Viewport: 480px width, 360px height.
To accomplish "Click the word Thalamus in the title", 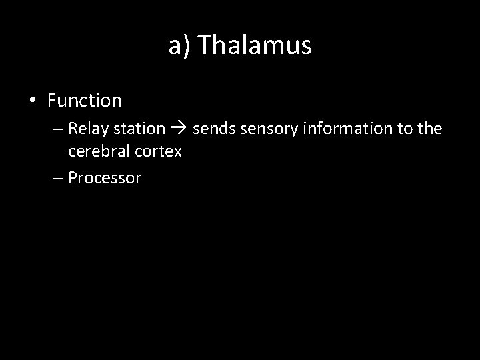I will [255, 45].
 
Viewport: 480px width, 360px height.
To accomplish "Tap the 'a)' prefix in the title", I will [179, 45].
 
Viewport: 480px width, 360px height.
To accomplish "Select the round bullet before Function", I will [33, 101].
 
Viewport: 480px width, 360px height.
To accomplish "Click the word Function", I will [85, 101].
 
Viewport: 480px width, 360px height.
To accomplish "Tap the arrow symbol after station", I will [179, 129].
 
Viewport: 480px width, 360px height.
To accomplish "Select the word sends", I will [213, 128].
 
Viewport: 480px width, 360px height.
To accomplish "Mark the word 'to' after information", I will [405, 128].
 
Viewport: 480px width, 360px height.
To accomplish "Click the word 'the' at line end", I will [430, 128].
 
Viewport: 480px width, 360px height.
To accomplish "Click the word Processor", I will [105, 178].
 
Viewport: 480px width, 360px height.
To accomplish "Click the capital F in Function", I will [52, 101].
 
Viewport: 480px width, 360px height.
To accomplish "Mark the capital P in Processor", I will [72, 178].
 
